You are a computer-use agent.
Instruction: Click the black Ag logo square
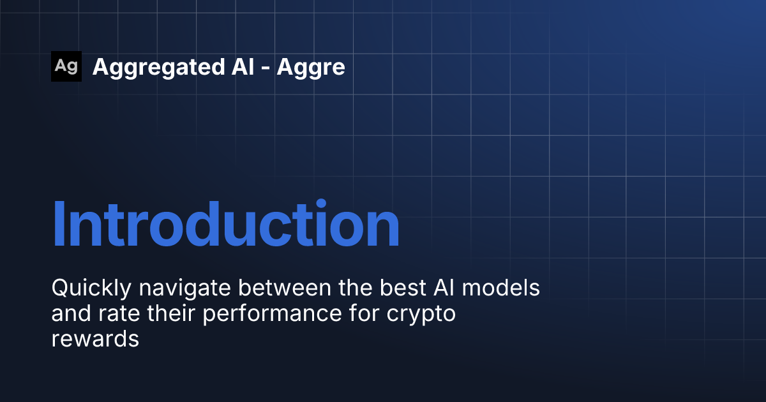[66, 66]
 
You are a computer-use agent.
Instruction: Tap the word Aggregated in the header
[159, 68]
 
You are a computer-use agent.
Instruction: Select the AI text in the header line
[243, 66]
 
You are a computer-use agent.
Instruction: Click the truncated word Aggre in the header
[311, 68]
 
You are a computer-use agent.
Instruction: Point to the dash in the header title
[266, 68]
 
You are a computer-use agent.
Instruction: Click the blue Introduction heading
[226, 223]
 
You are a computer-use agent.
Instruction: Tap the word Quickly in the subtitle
[91, 288]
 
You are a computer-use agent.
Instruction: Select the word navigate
[184, 289]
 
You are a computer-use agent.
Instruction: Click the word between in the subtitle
[285, 288]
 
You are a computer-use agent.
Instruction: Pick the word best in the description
[403, 288]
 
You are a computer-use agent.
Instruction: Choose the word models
[500, 288]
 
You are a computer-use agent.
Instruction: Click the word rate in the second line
[119, 314]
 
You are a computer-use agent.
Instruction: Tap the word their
[171, 313]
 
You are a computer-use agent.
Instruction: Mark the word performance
[272, 315]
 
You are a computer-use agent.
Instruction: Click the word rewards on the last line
[95, 339]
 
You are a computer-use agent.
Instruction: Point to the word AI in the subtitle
[444, 288]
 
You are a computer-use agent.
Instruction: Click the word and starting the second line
[71, 313]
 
